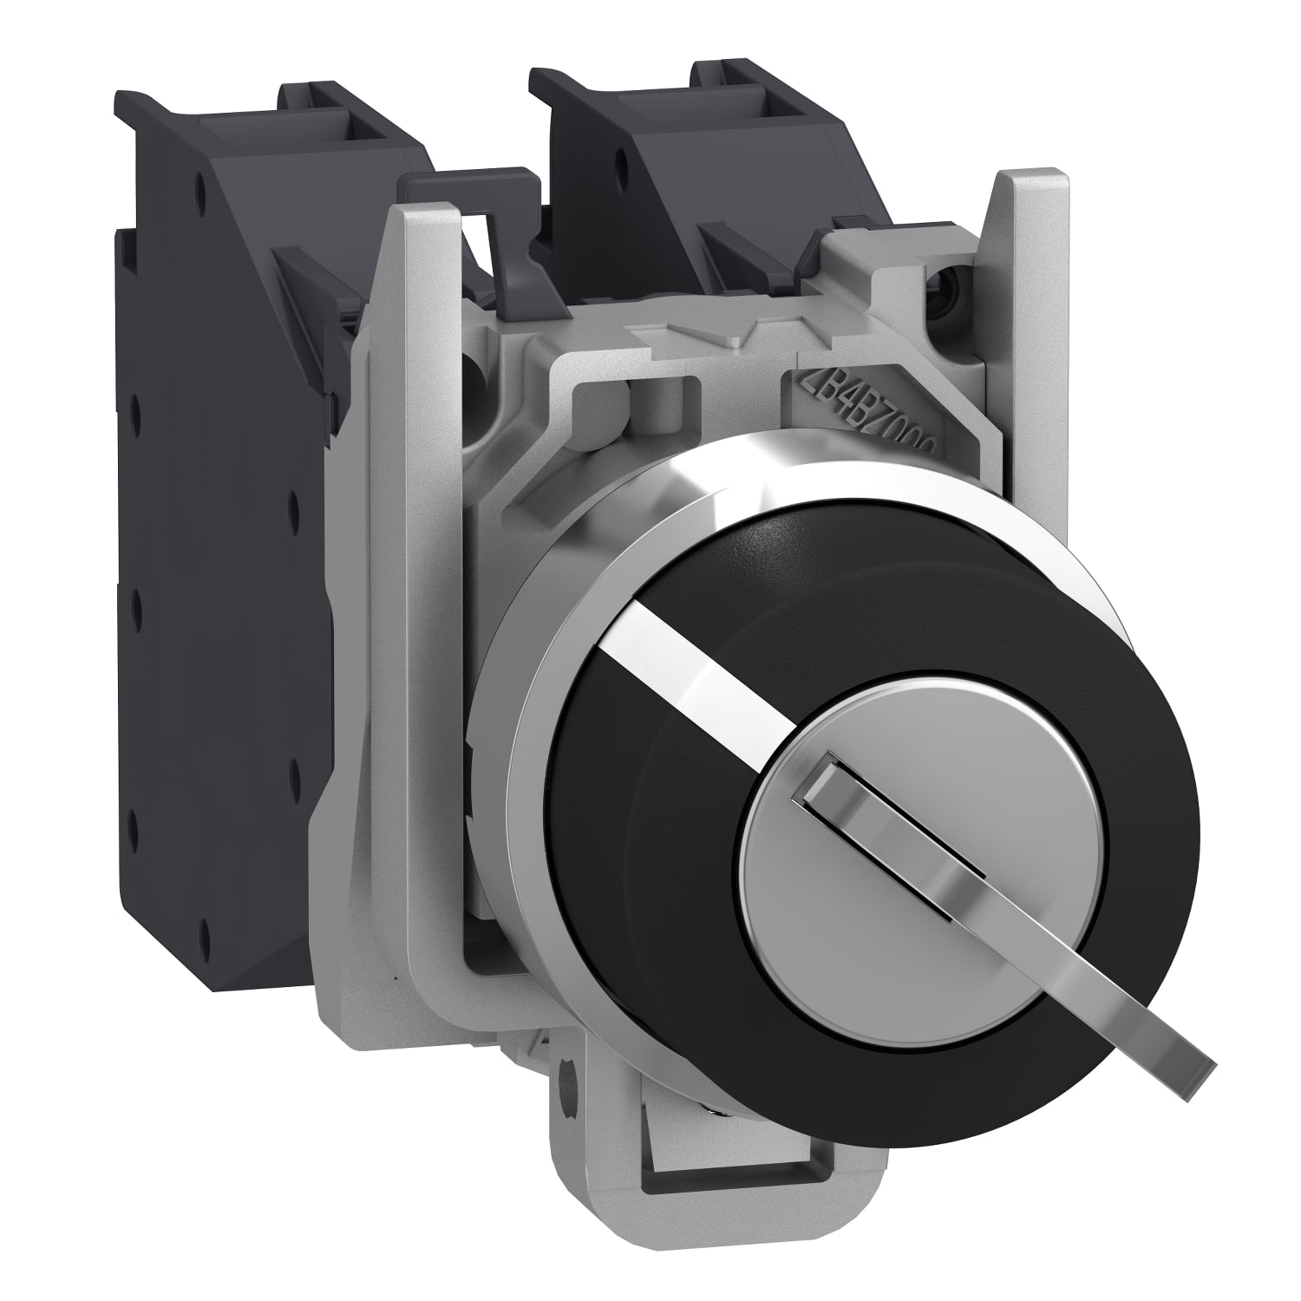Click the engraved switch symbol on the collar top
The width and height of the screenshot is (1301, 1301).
(694, 334)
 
